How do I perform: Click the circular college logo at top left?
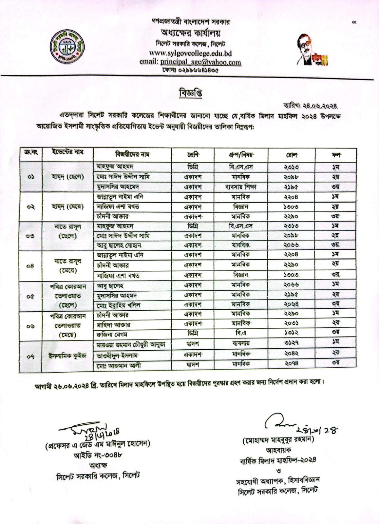[67, 48]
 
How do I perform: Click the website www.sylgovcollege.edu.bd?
[190, 53]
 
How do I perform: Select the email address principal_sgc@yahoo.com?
[200, 62]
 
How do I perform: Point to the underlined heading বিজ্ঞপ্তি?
[190, 93]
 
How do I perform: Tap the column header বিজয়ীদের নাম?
[132, 154]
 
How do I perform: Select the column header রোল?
[291, 155]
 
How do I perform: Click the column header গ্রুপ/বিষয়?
[241, 154]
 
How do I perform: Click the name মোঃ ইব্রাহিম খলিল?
[119, 305]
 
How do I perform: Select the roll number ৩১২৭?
[291, 343]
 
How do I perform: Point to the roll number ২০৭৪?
[291, 363]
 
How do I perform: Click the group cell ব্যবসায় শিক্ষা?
[241, 187]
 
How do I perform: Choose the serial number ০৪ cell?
[30, 266]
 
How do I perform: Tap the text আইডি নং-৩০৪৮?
[98, 455]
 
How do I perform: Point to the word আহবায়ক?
[278, 450]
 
